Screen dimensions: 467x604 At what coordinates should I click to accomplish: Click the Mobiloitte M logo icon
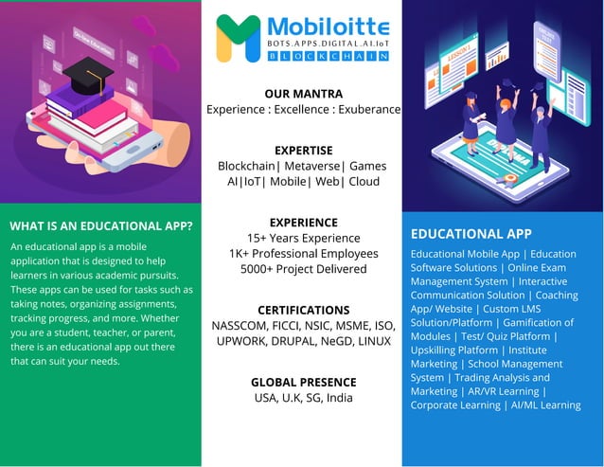[238, 38]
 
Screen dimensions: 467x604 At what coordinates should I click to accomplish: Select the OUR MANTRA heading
[303, 94]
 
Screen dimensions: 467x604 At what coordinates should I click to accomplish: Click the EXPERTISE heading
[303, 150]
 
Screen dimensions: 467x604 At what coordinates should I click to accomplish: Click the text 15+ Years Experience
[303, 238]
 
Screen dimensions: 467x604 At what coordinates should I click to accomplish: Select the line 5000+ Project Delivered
[303, 269]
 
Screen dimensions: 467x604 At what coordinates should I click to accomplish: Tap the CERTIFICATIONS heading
[303, 310]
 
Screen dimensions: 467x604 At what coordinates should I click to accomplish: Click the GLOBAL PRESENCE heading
[303, 382]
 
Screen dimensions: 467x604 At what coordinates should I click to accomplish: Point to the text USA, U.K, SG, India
[303, 398]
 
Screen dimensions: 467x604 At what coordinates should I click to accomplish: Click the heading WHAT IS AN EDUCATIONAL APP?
[100, 226]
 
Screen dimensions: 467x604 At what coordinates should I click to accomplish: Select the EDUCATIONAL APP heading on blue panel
[471, 233]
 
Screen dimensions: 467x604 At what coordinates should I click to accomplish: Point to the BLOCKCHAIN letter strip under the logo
[328, 57]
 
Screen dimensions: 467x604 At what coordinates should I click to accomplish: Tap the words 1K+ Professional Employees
[303, 254]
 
